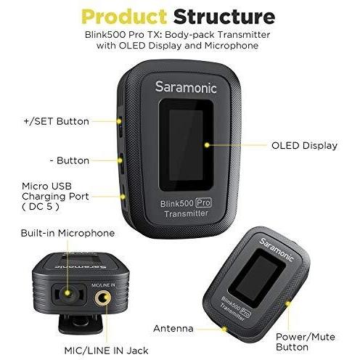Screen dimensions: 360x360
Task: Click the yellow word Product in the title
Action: pyautogui.click(x=124, y=17)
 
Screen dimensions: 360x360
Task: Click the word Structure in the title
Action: pyautogui.click(x=224, y=17)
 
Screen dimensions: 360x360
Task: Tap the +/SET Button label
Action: pyautogui.click(x=57, y=121)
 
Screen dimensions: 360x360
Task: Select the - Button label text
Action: pyautogui.click(x=70, y=160)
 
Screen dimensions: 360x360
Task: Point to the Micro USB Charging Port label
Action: pyautogui.click(x=55, y=196)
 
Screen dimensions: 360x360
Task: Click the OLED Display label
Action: pyautogui.click(x=304, y=145)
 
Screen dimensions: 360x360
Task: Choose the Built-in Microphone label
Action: pyautogui.click(x=67, y=233)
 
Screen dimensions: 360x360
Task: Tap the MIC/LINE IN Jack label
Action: pyautogui.click(x=106, y=351)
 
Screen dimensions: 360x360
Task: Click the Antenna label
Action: pyautogui.click(x=173, y=328)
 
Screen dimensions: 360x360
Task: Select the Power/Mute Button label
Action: pyautogui.click(x=306, y=342)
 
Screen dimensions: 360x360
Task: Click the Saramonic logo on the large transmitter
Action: pyautogui.click(x=186, y=87)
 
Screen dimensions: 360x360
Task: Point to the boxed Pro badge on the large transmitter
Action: pyautogui.click(x=203, y=202)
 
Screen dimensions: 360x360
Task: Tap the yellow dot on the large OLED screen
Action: pyautogui.click(x=207, y=145)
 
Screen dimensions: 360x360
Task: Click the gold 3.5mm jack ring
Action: pyautogui.click(x=103, y=298)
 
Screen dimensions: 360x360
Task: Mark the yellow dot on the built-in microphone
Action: pyautogui.click(x=67, y=293)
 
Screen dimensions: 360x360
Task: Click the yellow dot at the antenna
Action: pyautogui.click(x=224, y=330)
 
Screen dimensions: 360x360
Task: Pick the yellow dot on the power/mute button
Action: pyautogui.click(x=288, y=303)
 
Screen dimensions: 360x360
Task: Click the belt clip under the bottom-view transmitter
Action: pyautogui.click(x=81, y=324)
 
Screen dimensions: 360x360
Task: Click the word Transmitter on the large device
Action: pyautogui.click(x=186, y=213)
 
